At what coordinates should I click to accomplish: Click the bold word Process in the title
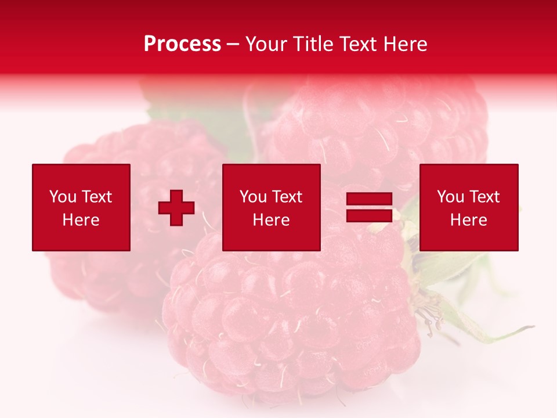pyautogui.click(x=182, y=44)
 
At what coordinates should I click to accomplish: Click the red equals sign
pyautogui.click(x=369, y=207)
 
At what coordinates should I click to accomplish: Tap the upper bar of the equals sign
pyautogui.click(x=369, y=199)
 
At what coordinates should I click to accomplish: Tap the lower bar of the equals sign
pyautogui.click(x=369, y=215)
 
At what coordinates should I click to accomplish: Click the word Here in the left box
pyautogui.click(x=81, y=220)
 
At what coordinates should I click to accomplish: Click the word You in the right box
pyautogui.click(x=450, y=197)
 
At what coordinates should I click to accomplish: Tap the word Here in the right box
pyautogui.click(x=468, y=220)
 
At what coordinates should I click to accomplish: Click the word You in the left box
pyautogui.click(x=63, y=197)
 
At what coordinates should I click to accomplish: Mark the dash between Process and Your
pyautogui.click(x=233, y=45)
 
